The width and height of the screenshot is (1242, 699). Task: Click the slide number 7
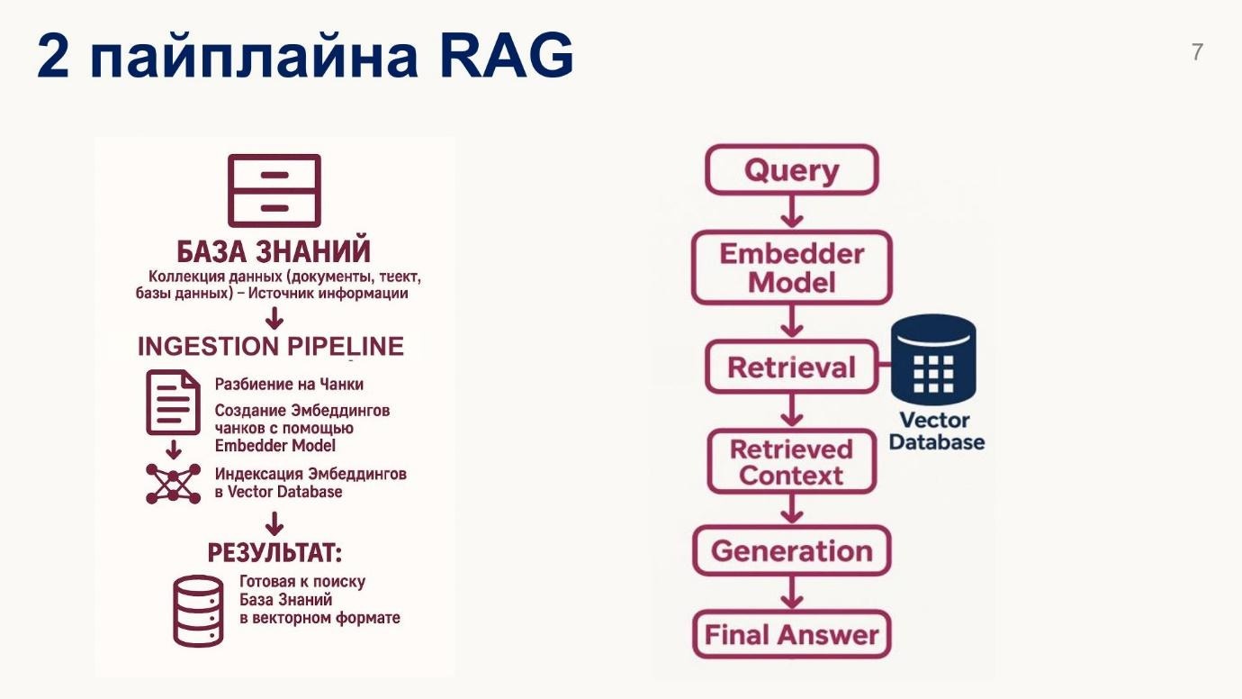click(1196, 52)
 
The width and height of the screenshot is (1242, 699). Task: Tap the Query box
click(791, 170)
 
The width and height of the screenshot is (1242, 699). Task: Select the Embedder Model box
click(791, 268)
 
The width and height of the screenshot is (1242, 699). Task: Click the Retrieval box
click(791, 368)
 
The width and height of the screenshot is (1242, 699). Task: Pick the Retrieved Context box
click(791, 462)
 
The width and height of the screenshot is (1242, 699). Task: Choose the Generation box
click(791, 550)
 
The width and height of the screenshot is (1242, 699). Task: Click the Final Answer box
click(791, 635)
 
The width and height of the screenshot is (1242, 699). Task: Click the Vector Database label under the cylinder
click(936, 431)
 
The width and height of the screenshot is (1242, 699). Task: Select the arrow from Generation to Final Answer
click(791, 594)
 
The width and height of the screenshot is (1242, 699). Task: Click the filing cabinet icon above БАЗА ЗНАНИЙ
click(274, 190)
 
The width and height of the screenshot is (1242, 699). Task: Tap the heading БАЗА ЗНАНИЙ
click(274, 251)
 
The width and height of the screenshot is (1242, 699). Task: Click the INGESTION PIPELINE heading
click(271, 347)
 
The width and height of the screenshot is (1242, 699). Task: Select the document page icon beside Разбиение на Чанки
click(173, 403)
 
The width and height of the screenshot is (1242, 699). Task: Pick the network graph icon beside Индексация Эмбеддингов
click(173, 483)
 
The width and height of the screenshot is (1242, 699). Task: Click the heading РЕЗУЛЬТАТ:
click(274, 552)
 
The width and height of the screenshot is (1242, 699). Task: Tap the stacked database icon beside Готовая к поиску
click(198, 611)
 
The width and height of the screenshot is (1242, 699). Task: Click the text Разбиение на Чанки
click(289, 385)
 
